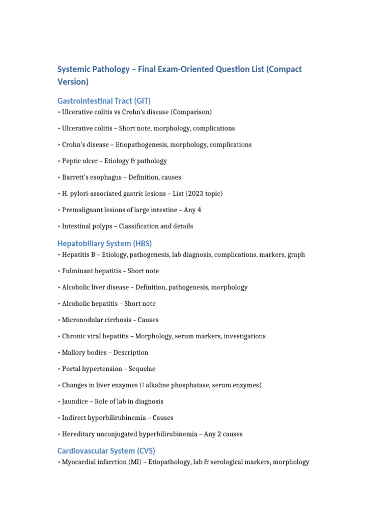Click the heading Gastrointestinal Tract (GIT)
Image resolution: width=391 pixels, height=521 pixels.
(104, 101)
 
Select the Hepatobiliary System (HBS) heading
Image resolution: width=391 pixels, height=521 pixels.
(104, 243)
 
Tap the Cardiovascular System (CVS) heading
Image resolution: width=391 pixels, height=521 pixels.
(106, 451)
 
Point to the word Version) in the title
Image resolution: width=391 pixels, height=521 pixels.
(73, 81)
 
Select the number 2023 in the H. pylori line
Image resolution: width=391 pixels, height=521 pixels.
(192, 193)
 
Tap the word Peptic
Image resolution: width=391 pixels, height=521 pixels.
(72, 161)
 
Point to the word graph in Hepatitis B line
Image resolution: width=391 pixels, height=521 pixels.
(296, 254)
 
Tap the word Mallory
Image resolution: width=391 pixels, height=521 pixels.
(74, 352)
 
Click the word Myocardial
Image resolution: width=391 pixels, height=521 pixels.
(80, 462)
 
